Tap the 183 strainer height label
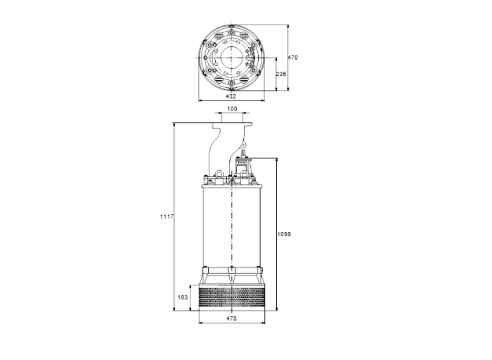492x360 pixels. click(x=182, y=297)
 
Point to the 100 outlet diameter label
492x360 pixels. click(x=231, y=109)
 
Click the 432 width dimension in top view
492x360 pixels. click(x=231, y=96)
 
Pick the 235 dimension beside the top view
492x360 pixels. click(x=280, y=74)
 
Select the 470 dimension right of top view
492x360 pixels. click(x=294, y=57)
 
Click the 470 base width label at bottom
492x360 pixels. click(x=231, y=319)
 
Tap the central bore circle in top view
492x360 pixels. click(x=231, y=58)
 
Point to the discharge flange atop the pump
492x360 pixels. click(x=231, y=124)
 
